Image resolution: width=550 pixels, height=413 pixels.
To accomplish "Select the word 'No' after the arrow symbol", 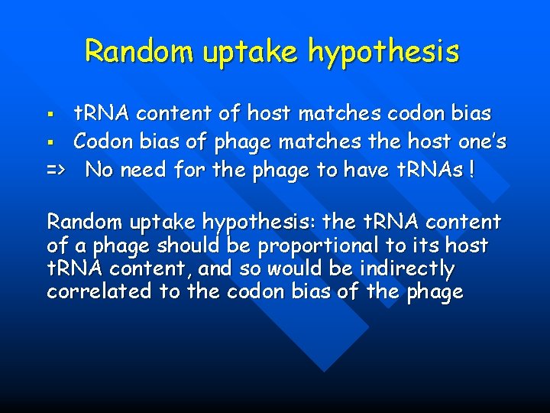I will pyautogui.click(x=99, y=169).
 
